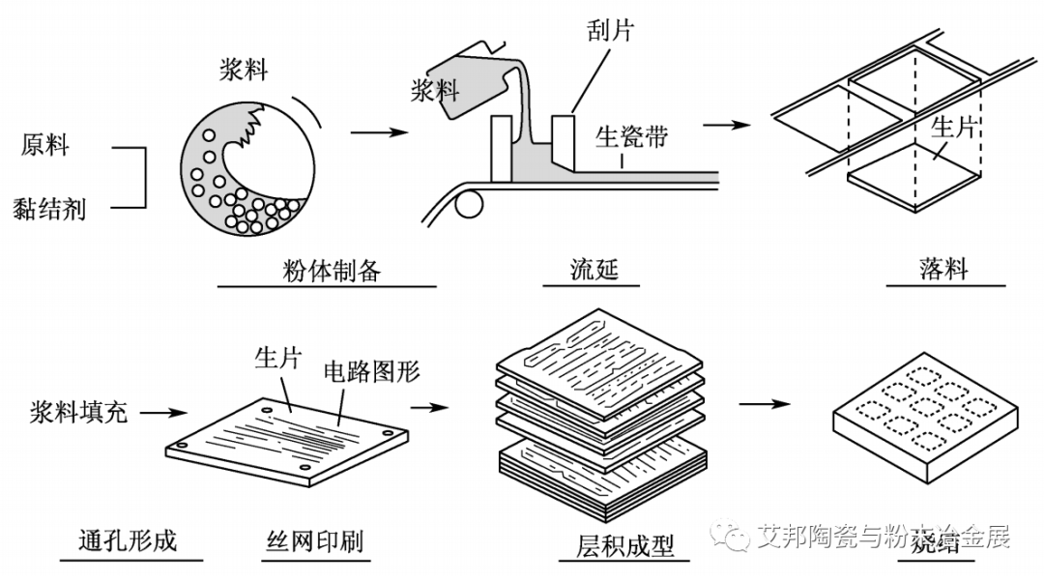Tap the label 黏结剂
49,207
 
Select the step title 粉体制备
327,269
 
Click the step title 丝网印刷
314,539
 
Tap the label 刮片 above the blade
610,30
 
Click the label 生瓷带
631,135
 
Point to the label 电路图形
371,371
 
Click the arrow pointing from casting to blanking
727,125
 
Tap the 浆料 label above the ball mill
243,71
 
